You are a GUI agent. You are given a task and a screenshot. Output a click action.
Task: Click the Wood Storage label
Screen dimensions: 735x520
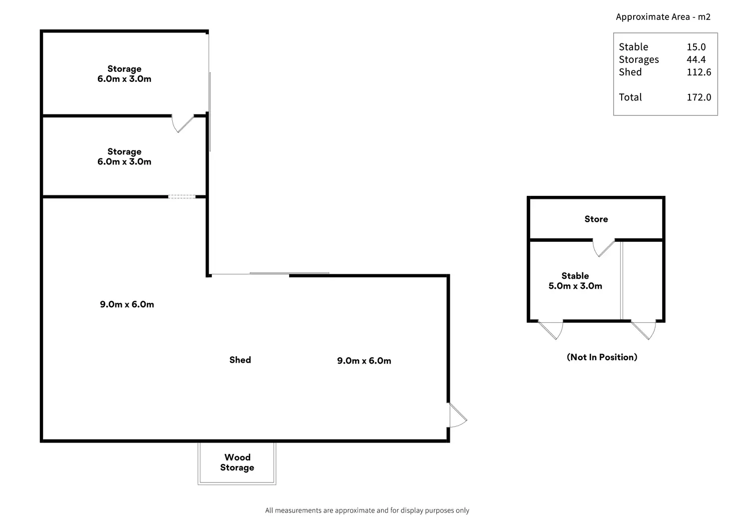coord(237,463)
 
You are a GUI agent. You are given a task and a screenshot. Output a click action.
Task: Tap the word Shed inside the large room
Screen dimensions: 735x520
coord(240,360)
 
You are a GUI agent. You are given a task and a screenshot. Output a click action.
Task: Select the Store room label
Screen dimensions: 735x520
coord(596,219)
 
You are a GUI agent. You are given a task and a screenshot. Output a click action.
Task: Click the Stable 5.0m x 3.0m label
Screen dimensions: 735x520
coord(575,281)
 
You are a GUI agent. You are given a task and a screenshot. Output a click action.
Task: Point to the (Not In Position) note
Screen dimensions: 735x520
coord(602,357)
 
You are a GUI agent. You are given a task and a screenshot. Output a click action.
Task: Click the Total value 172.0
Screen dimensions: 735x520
coord(699,97)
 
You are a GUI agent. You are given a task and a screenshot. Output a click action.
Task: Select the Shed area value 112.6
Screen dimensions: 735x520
coord(699,72)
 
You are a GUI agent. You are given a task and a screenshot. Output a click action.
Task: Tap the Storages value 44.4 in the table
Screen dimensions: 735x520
coord(696,59)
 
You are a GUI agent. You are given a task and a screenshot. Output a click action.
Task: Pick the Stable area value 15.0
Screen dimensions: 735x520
coord(696,47)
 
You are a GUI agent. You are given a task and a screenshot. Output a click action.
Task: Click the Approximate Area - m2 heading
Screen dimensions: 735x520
coord(663,16)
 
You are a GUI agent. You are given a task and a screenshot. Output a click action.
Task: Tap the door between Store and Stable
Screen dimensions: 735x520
coord(604,247)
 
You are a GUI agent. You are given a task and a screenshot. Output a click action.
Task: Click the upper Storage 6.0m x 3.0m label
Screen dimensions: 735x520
coord(124,74)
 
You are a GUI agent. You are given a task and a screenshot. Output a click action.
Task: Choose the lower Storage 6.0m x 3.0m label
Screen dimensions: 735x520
coord(124,156)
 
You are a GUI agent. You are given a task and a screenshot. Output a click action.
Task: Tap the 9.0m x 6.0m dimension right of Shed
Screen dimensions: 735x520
coord(364,361)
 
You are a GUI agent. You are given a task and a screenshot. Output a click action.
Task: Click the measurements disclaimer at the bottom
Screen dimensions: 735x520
coord(367,511)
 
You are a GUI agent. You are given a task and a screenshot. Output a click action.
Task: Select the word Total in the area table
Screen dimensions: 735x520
coord(630,97)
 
